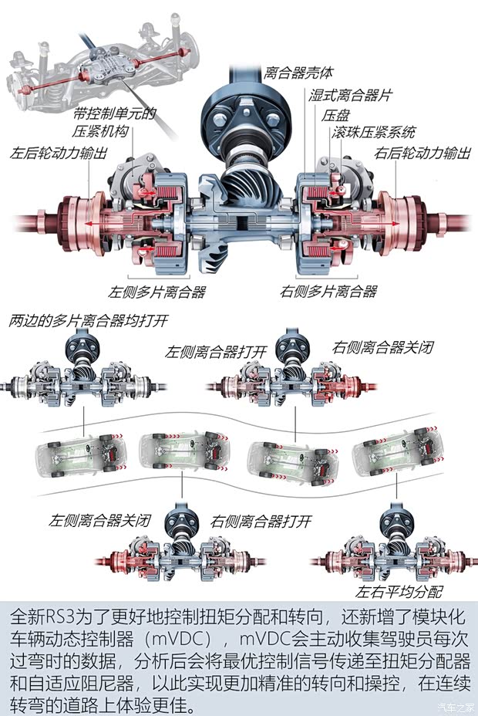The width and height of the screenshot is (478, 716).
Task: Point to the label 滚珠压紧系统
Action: tap(374, 132)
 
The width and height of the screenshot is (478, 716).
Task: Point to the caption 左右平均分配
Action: tap(399, 592)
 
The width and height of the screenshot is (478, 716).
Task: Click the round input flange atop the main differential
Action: tap(239, 116)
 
